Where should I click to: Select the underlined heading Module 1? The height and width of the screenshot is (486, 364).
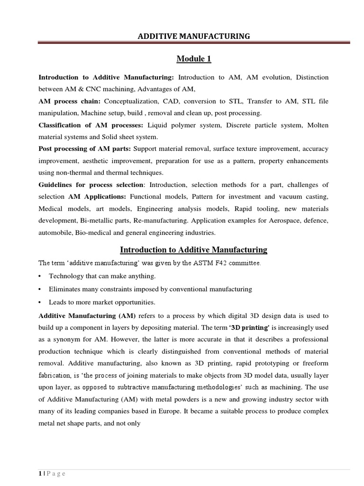193,59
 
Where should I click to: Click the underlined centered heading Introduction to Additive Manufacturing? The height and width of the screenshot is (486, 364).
193,250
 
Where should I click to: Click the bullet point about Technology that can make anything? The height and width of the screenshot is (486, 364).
102,276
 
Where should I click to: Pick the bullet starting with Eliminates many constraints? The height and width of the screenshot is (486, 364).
150,289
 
